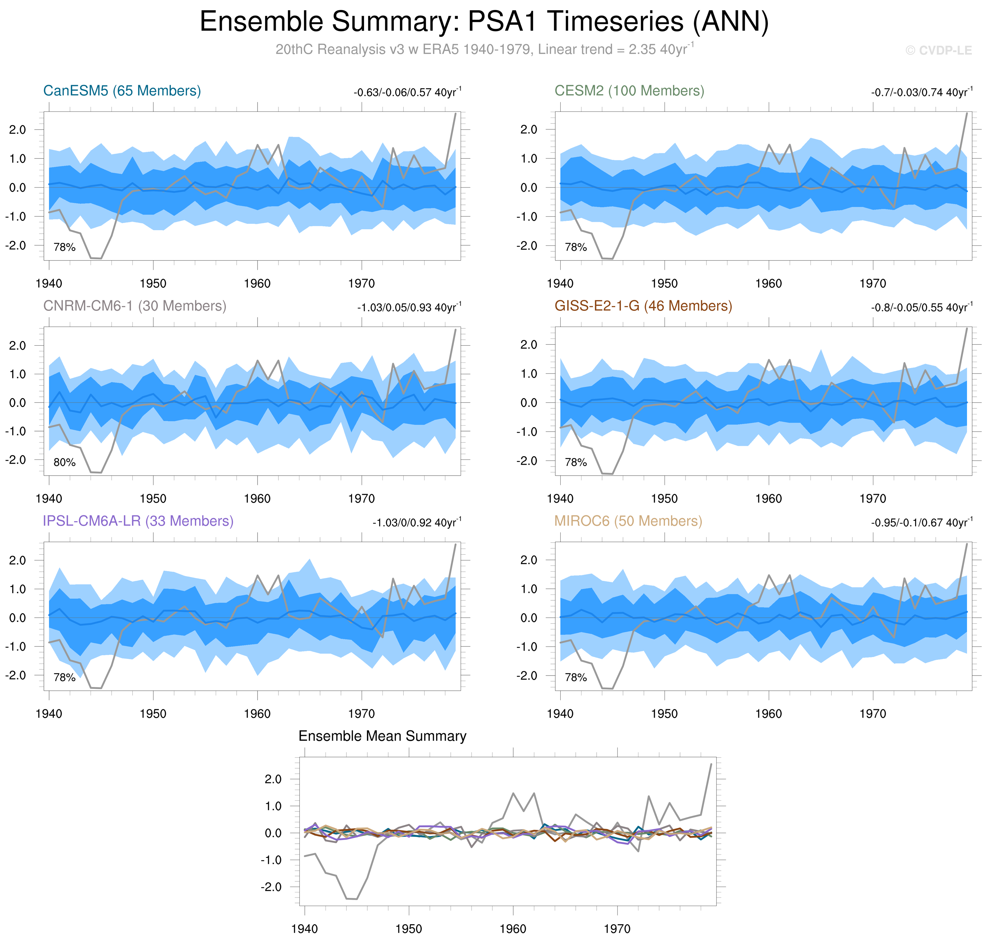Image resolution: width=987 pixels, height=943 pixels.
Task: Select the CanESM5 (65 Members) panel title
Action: point(122,91)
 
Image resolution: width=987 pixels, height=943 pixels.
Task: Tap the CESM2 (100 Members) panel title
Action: point(629,91)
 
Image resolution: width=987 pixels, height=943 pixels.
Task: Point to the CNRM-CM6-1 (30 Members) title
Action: point(135,306)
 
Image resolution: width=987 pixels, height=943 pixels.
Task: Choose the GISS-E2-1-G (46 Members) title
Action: point(643,306)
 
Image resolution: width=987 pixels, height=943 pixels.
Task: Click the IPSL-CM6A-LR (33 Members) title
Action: point(138,521)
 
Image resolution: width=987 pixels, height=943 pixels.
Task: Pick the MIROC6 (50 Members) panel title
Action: point(628,521)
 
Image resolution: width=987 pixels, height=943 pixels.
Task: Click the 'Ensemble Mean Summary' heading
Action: point(382,736)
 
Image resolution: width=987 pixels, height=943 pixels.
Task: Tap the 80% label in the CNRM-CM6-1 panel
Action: point(64,463)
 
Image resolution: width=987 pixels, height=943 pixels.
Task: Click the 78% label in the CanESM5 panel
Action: point(64,247)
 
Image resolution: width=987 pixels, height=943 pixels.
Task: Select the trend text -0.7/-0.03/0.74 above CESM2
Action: point(921,92)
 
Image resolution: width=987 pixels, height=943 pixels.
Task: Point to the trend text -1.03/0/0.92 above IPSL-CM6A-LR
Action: point(416,523)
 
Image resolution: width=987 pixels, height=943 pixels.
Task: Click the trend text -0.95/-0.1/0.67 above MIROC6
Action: point(921,523)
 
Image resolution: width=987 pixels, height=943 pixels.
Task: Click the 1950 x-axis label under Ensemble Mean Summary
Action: point(408,929)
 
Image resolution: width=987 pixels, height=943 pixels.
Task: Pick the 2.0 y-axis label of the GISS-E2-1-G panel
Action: point(529,345)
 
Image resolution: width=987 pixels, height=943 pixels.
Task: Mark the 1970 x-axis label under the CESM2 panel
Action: point(872,284)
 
